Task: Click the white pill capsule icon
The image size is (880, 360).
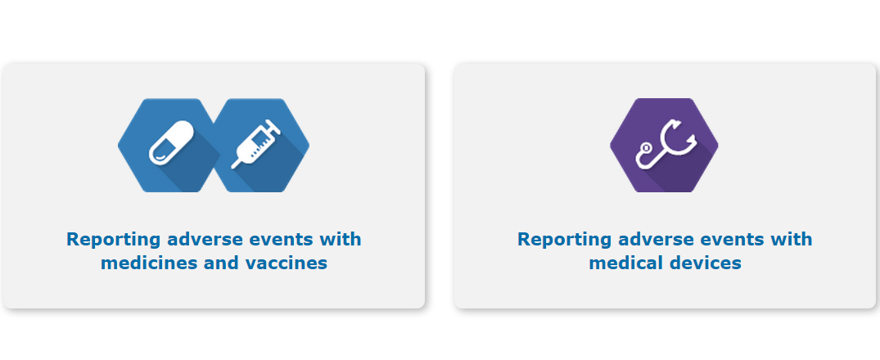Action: coord(171,143)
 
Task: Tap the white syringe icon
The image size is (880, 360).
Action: coord(256,143)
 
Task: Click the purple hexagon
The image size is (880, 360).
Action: coord(664,146)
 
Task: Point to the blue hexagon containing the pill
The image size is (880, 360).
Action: coord(169,146)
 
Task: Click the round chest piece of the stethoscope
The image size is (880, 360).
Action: coord(645,147)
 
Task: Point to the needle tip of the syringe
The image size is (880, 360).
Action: coord(233,167)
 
